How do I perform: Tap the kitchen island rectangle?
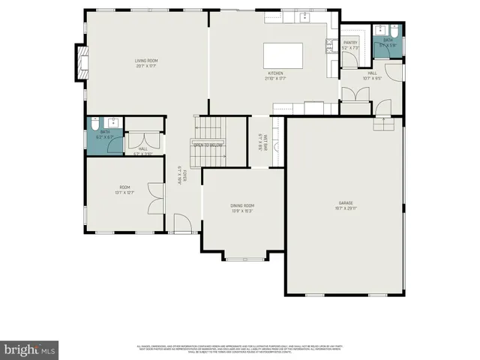[283, 56]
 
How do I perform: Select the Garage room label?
[346, 203]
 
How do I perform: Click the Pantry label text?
[351, 43]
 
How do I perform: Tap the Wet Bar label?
[259, 140]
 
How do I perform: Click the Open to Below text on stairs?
[208, 145]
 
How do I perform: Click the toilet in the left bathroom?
[95, 125]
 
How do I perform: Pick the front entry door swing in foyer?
[182, 223]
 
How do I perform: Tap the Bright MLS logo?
[30, 349]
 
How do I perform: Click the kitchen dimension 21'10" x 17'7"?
[274, 78]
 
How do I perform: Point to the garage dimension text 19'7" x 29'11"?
[346, 208]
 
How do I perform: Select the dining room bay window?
[242, 259]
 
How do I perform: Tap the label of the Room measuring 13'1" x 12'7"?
[124, 187]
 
